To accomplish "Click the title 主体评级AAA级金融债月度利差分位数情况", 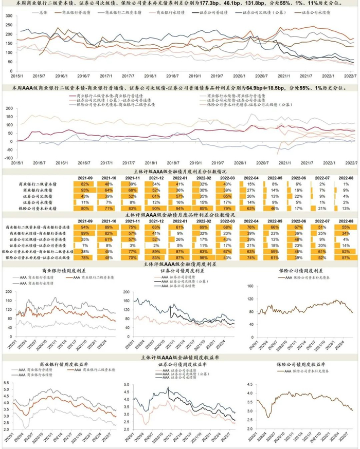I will pyautogui.click(x=181, y=172).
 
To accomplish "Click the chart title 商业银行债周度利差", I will pyautogui.click(x=63, y=270).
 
